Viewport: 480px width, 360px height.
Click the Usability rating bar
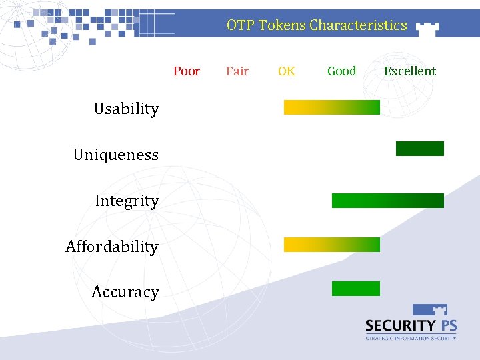[331, 107]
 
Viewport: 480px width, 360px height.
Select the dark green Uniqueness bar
[419, 149]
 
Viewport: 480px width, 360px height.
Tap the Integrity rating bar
[387, 201]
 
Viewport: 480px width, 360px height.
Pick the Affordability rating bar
[331, 245]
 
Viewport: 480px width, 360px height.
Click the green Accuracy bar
[355, 289]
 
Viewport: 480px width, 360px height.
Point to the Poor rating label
[187, 71]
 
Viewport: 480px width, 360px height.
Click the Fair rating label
[237, 71]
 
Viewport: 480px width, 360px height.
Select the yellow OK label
[287, 71]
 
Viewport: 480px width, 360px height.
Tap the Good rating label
[341, 71]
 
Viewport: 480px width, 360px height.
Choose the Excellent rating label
[410, 71]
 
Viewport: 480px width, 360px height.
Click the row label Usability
[127, 109]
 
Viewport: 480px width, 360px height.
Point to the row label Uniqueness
[116, 155]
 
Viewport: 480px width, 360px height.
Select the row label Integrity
[127, 201]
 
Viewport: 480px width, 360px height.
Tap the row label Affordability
[112, 247]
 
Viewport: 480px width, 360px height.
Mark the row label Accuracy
[125, 292]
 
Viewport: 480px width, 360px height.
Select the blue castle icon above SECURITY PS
[430, 310]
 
